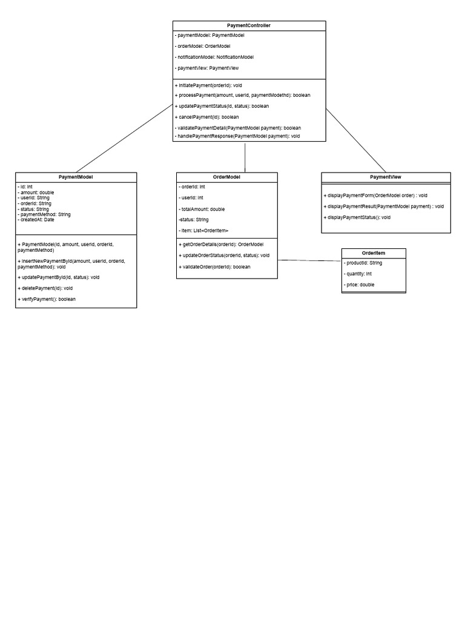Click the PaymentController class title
tap(249, 25)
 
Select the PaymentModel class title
tap(76, 177)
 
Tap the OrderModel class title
tap(226, 177)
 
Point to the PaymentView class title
tap(386, 177)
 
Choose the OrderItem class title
tap(373, 253)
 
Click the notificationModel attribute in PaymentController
tap(214, 57)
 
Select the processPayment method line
tap(242, 95)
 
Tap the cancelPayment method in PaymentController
tap(207, 117)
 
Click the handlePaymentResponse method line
tap(237, 136)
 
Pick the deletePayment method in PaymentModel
tap(45, 288)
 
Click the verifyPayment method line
tap(47, 299)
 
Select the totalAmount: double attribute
tap(202, 209)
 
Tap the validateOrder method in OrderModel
tap(214, 267)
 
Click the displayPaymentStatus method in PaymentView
tap(357, 217)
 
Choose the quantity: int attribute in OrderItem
tap(357, 274)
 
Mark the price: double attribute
tap(358, 285)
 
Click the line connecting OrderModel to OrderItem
tap(309, 260)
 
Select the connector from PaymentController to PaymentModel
tap(124, 139)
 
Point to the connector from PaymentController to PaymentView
tap(356, 140)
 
